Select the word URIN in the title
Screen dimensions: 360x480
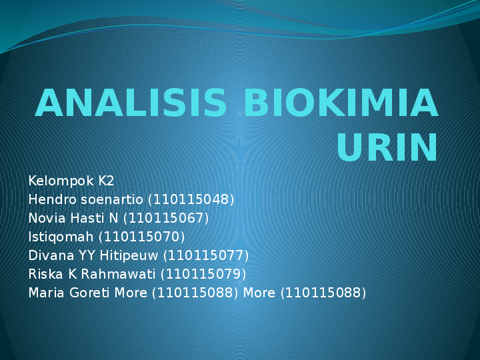coord(387,147)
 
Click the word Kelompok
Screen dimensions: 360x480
coord(61,181)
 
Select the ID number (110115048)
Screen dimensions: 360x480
coord(191,199)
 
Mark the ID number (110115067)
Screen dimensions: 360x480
coord(165,218)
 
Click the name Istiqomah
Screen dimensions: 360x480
coord(61,237)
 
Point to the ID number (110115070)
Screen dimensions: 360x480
coord(141,237)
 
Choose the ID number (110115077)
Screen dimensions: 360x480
coord(205,255)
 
